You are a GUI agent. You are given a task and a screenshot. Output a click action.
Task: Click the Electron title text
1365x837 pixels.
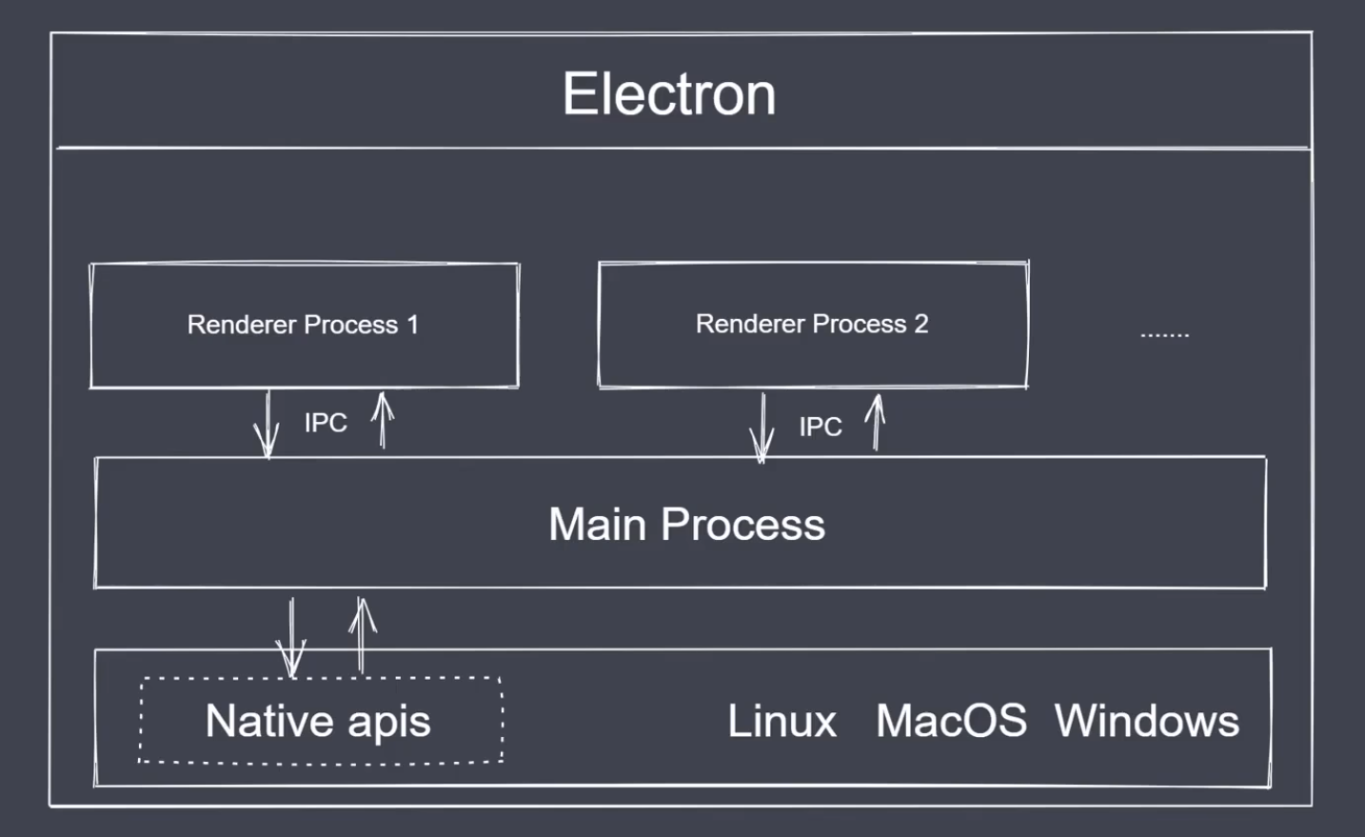coord(669,94)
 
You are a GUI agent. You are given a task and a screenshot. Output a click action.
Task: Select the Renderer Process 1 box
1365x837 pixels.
coord(304,325)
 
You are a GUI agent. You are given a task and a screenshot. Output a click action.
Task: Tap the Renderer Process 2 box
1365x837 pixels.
coord(812,324)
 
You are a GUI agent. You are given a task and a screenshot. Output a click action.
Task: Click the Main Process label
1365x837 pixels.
coord(686,524)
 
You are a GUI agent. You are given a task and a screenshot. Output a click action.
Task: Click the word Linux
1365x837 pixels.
coord(781,721)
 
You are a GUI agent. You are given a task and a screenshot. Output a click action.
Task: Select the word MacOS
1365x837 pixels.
coord(951,721)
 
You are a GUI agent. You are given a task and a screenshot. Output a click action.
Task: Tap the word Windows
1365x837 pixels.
coord(1147,721)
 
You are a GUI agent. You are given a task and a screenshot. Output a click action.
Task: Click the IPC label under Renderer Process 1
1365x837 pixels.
coord(326,423)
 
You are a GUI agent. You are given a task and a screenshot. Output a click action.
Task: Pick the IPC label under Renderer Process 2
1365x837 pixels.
coord(821,427)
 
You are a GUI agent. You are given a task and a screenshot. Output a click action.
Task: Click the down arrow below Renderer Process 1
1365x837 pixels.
coord(267,425)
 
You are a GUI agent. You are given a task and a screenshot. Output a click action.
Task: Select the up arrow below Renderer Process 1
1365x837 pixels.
coord(383,420)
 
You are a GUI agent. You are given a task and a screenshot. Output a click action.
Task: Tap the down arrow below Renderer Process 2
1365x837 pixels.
coord(762,428)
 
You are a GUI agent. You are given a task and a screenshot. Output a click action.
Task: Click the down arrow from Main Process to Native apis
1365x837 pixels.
coord(291,636)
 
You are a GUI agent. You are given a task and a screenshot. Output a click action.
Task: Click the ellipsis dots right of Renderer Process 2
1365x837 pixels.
coord(1164,335)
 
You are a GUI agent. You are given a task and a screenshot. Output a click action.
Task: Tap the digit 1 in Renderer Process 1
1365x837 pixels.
coord(412,325)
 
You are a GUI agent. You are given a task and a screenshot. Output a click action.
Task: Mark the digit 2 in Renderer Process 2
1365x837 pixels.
coord(920,324)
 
